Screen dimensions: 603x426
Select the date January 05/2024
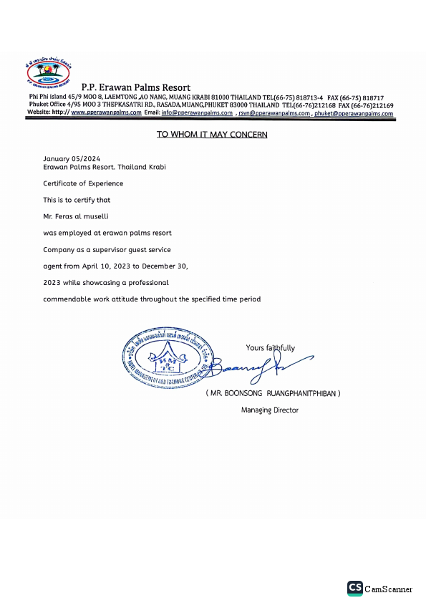72,158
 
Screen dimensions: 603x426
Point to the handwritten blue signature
247,367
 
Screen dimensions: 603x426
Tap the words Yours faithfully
270,348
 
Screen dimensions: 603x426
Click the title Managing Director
270,410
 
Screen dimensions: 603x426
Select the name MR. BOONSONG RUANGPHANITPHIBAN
273,394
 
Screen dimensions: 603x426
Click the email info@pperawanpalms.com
197,113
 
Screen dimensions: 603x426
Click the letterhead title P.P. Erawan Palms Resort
136,87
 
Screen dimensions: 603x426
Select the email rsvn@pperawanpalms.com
275,113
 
